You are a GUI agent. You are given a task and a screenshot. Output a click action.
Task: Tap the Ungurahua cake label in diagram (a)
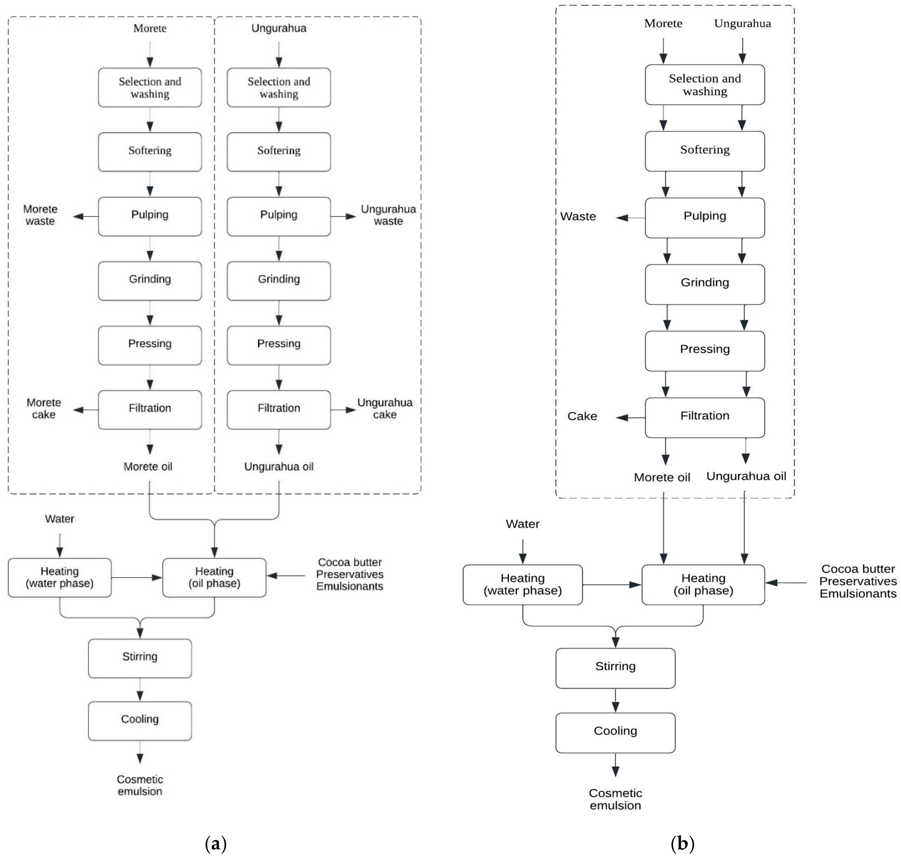385,409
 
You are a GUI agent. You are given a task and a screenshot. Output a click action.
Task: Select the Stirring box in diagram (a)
140,658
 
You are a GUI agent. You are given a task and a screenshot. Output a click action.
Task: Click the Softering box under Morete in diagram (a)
150,151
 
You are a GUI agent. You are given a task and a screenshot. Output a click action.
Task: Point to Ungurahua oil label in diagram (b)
746,476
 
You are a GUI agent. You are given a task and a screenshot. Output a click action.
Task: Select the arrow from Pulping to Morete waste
86,216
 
